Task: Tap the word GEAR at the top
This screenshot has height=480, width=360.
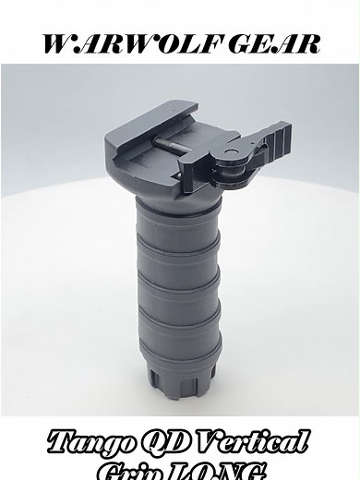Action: coord(272,43)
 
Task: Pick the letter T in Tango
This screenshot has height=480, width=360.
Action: coord(64,440)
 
